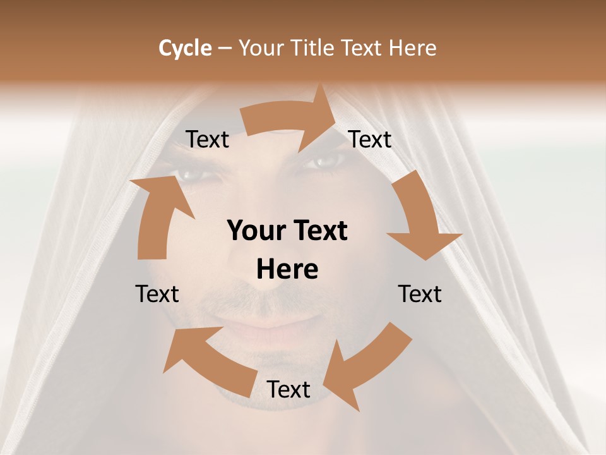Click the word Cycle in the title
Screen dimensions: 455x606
[x=185, y=48]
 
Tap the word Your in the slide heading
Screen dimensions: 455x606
[x=261, y=48]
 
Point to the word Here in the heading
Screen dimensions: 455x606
[x=412, y=48]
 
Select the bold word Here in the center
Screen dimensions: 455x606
[x=287, y=270]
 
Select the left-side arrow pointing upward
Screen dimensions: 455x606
[x=158, y=215]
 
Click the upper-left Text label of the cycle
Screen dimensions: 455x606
[x=207, y=140]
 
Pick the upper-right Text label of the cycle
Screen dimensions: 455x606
[x=370, y=140]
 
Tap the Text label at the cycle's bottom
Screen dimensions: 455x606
[x=288, y=390]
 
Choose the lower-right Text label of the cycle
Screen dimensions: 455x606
[x=420, y=294]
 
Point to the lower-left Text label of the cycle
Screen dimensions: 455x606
[x=157, y=294]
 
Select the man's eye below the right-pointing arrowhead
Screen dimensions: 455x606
[x=325, y=162]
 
